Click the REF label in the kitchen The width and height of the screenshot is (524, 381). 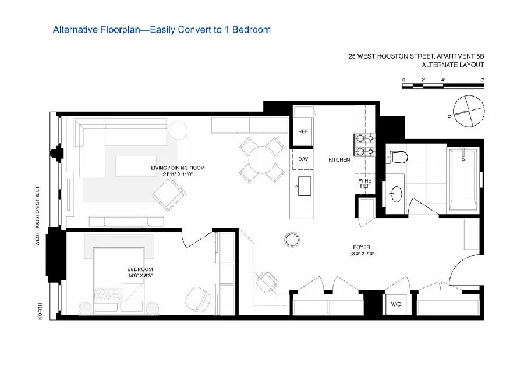click(303, 132)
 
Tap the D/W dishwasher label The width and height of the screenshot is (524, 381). click(303, 159)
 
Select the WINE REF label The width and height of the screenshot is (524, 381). click(364, 184)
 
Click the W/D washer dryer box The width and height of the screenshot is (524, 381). click(395, 304)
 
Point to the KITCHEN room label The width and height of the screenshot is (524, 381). click(339, 159)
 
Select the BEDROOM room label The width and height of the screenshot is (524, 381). click(140, 269)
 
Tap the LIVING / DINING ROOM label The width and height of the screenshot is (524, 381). click(178, 168)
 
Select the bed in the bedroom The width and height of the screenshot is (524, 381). click(120, 280)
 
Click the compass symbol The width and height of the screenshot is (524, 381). click(469, 111)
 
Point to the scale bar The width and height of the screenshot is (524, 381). click(443, 86)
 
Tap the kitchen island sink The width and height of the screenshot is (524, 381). click(303, 187)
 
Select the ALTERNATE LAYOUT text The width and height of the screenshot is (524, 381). click(453, 65)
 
